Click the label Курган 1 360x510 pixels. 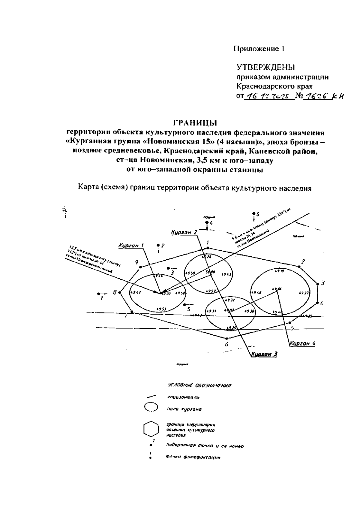131,246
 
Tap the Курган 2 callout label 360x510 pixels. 184,232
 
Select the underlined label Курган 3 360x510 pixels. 264,354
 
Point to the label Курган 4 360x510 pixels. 302,344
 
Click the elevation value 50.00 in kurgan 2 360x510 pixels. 210,272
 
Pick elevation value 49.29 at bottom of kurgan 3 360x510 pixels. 231,328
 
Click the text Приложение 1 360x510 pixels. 259,49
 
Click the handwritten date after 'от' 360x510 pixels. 269,97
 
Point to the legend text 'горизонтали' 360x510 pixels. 184,397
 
